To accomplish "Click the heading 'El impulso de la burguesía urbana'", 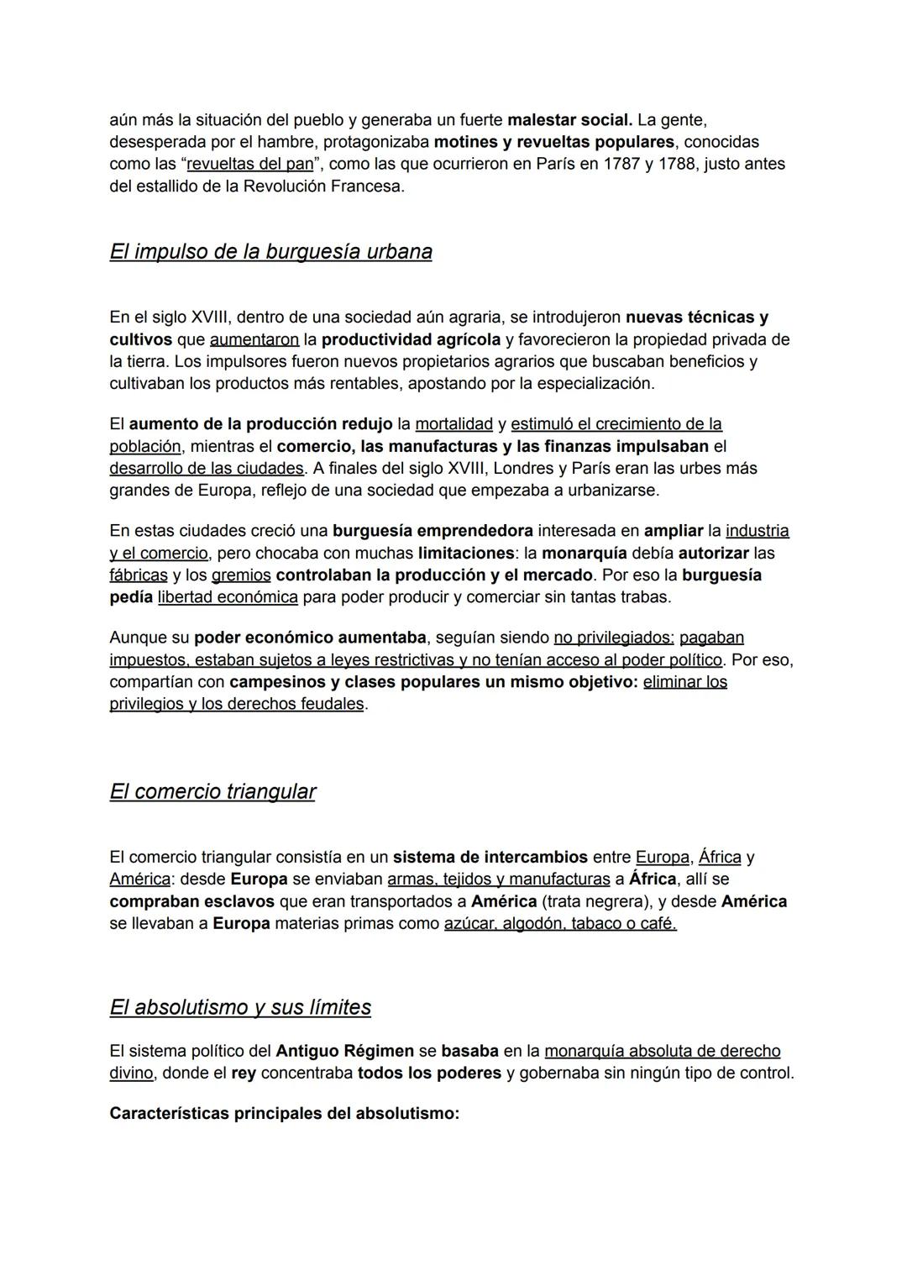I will (270, 252).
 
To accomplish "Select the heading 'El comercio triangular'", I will (212, 792).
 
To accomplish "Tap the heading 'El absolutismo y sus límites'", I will (240, 1007).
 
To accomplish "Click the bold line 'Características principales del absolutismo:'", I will (284, 1114).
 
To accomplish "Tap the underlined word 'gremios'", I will (241, 575).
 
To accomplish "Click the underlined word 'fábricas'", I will (139, 575).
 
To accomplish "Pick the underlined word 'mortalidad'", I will (453, 424).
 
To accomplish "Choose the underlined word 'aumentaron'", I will (254, 340).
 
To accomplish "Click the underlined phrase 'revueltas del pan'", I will (249, 164).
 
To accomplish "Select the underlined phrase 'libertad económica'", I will (228, 597).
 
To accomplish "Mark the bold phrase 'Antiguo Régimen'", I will (344, 1052).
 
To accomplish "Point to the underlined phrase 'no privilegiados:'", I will (613, 638).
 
